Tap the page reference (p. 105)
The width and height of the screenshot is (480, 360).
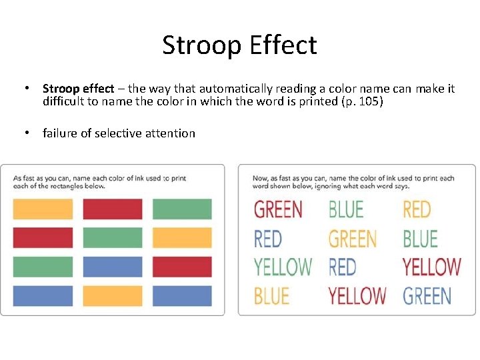tap(361, 101)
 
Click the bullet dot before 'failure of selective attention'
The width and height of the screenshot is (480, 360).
tap(25, 133)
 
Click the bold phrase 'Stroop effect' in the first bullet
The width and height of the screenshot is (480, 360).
tap(78, 89)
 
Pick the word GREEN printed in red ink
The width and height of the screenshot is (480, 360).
tap(278, 209)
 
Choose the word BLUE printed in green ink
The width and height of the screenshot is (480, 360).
tap(346, 209)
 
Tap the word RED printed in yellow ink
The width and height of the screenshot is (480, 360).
tap(417, 209)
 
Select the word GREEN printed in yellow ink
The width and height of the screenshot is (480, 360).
tap(353, 238)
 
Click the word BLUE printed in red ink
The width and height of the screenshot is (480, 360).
tap(420, 238)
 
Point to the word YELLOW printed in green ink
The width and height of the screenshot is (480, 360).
tap(283, 267)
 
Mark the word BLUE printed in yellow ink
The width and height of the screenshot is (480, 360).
tap(272, 295)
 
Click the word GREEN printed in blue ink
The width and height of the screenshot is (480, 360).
tap(427, 295)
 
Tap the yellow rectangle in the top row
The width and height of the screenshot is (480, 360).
tap(43, 209)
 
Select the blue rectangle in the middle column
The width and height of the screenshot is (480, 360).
tap(113, 267)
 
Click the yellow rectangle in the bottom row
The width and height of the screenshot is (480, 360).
tap(113, 295)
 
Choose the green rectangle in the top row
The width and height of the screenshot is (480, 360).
tap(182, 209)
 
